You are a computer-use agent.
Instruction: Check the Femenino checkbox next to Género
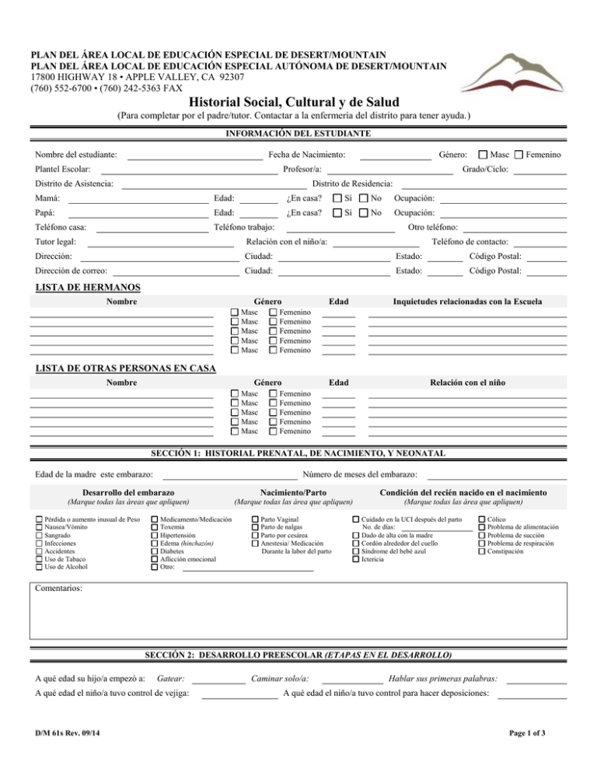tap(519, 156)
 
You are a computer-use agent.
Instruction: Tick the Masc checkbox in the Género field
tap(484, 156)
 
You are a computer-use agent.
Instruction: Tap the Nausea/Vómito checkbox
tap(40, 527)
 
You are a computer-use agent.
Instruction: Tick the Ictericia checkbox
tap(356, 559)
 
